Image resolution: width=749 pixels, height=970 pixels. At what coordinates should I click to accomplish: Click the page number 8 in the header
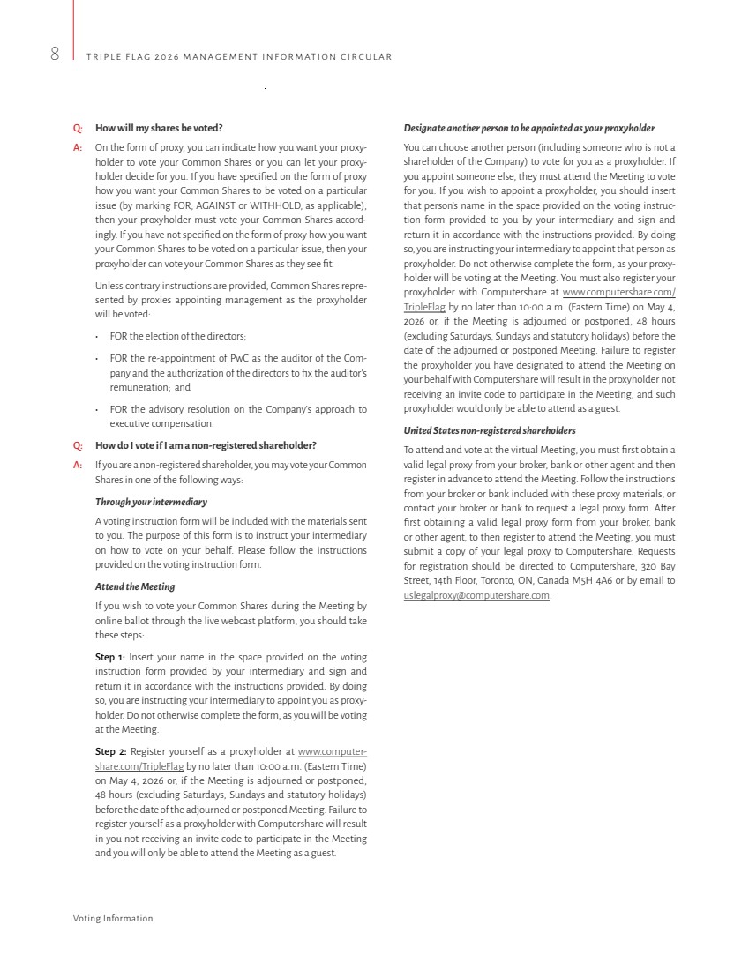coord(55,55)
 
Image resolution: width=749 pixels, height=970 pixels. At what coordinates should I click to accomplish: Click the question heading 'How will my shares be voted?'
coord(159,128)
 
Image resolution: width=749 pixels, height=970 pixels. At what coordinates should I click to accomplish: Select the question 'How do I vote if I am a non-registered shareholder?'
coord(206,445)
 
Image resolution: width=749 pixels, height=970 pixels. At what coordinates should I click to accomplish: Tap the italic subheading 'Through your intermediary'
coord(151,502)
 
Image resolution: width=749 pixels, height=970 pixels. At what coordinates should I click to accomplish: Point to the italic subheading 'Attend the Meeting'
coord(135,586)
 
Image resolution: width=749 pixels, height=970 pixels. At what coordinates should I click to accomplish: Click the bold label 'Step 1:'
coord(110,657)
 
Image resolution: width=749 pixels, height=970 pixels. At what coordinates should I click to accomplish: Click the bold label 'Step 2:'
coord(110,751)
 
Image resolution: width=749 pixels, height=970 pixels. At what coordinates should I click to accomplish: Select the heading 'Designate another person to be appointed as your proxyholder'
coord(528,128)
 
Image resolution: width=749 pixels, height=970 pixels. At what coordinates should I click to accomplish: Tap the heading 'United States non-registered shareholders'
coord(489,430)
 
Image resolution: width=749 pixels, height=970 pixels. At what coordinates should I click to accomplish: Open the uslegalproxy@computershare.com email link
coord(476,595)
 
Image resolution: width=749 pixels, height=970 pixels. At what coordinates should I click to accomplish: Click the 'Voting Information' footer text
coord(113,918)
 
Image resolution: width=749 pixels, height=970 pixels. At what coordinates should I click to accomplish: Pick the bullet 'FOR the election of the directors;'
coord(177,336)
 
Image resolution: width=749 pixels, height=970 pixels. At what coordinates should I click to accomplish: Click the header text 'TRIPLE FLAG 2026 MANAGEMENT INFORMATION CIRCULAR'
coord(239,57)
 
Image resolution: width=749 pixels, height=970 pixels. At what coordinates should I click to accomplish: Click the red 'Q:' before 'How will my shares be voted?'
coord(79,128)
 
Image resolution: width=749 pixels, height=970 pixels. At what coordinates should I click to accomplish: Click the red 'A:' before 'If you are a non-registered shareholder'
coord(79,465)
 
